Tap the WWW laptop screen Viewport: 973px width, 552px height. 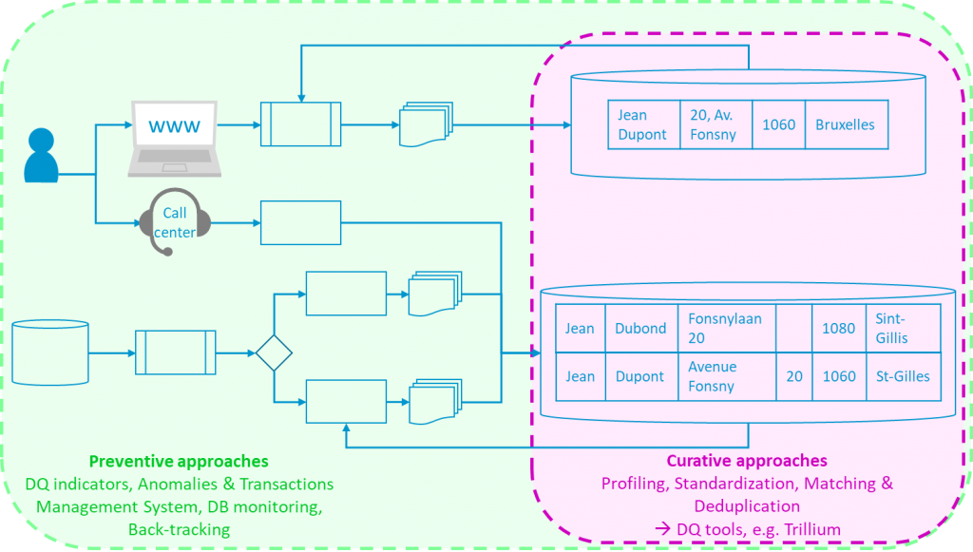[x=176, y=125]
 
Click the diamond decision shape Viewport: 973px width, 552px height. [x=274, y=353]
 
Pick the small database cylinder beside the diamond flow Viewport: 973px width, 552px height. [x=49, y=352]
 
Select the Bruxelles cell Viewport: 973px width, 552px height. [x=845, y=124]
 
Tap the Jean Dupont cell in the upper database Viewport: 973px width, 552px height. [x=643, y=124]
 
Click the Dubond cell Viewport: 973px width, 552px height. [x=640, y=329]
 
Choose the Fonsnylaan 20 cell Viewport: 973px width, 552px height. [x=725, y=329]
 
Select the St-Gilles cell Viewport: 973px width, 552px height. [x=903, y=376]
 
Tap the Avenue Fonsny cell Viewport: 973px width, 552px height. [x=725, y=376]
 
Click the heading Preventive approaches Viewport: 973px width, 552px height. [x=179, y=462]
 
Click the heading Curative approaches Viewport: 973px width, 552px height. [x=747, y=462]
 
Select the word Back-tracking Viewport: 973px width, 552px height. [x=179, y=528]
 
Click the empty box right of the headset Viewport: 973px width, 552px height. [x=300, y=223]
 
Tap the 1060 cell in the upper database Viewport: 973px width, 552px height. [x=779, y=124]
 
